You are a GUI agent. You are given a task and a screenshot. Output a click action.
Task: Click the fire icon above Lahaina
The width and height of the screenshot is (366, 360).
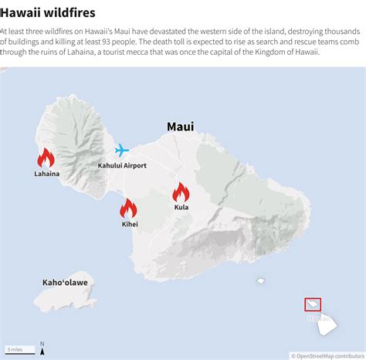pos(46,158)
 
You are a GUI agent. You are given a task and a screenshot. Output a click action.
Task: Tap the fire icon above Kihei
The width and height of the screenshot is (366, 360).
pos(128,209)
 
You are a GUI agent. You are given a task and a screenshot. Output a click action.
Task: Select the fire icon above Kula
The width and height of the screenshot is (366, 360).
pos(181,192)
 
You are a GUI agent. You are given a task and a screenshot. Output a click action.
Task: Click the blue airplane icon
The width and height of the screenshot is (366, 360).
pos(122,150)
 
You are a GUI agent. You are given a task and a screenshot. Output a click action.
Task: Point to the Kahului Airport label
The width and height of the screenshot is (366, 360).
pos(122,166)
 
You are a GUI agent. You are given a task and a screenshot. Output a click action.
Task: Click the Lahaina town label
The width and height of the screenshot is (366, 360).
pos(46,174)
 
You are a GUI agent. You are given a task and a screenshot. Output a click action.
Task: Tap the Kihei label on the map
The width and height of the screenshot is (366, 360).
pos(129,224)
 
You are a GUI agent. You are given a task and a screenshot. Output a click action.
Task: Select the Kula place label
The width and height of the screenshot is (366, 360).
pos(181,207)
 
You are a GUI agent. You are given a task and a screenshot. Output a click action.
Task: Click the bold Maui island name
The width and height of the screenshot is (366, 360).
pos(181,126)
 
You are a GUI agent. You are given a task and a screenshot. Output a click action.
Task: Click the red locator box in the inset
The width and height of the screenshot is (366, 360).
pos(313,304)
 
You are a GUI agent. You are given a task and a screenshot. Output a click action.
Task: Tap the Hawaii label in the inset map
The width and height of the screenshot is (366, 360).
pos(318,318)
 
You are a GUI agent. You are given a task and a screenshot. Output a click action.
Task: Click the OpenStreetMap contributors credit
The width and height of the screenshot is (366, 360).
pos(327,356)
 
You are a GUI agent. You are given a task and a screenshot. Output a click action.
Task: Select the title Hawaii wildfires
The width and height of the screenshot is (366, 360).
pos(48,13)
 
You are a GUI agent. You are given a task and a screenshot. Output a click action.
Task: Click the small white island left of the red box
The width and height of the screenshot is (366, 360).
pos(261,280)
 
